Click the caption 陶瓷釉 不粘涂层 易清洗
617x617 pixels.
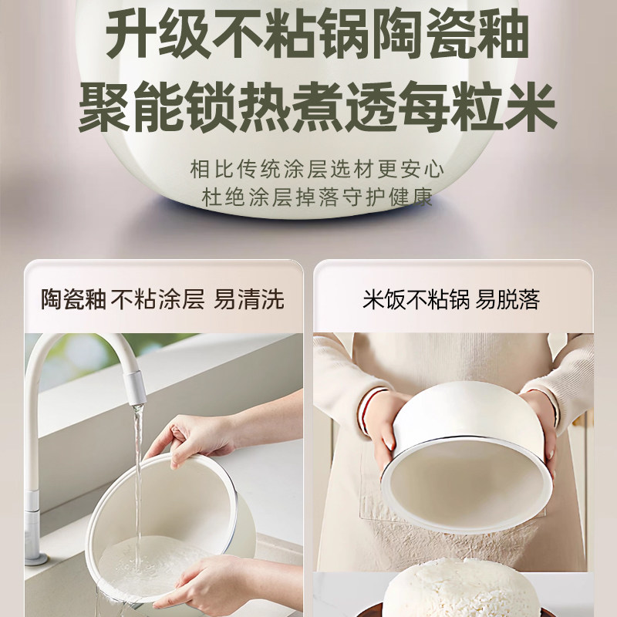pos(163,299)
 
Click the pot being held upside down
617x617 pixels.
pos(463,463)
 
